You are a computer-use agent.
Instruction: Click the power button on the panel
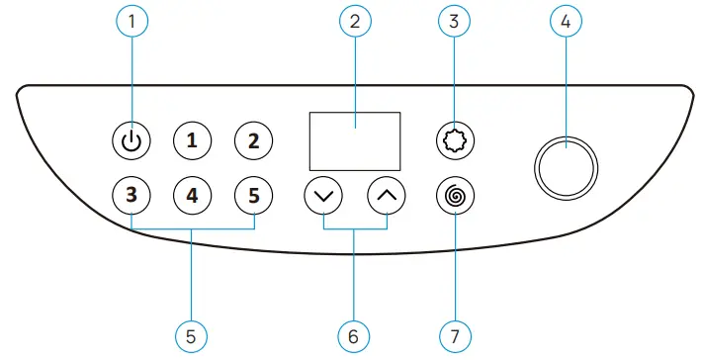tap(131, 140)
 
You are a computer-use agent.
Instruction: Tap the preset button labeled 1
tap(192, 140)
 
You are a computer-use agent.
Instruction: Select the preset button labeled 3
tap(131, 195)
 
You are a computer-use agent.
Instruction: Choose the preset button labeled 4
tap(192, 195)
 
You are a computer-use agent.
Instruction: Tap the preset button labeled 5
tap(254, 195)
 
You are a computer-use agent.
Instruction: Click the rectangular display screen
tap(355, 139)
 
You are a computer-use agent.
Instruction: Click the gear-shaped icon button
tap(454, 140)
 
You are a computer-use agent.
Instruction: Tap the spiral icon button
tap(454, 195)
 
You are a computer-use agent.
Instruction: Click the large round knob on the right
tap(566, 166)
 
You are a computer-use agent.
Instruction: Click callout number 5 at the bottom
tap(192, 335)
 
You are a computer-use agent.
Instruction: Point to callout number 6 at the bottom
tap(353, 335)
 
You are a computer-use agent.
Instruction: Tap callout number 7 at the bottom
tap(454, 335)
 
